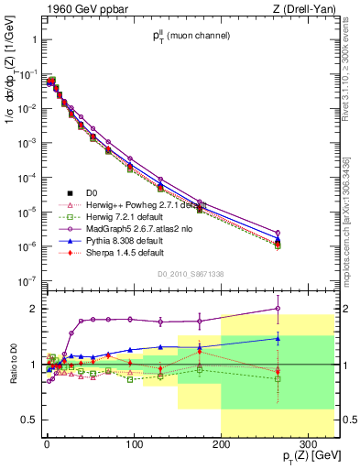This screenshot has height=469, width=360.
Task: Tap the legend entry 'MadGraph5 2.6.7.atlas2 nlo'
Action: coord(132,228)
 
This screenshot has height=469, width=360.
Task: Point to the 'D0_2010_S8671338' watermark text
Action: coord(188,274)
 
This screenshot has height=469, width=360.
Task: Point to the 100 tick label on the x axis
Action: coord(134,442)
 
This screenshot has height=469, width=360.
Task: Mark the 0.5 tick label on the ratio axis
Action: coord(29,420)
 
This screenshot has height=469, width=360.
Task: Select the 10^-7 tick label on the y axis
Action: coord(27,281)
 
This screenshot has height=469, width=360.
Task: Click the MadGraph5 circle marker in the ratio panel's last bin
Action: coord(278,309)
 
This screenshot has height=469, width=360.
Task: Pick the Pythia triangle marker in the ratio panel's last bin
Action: coord(278,338)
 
